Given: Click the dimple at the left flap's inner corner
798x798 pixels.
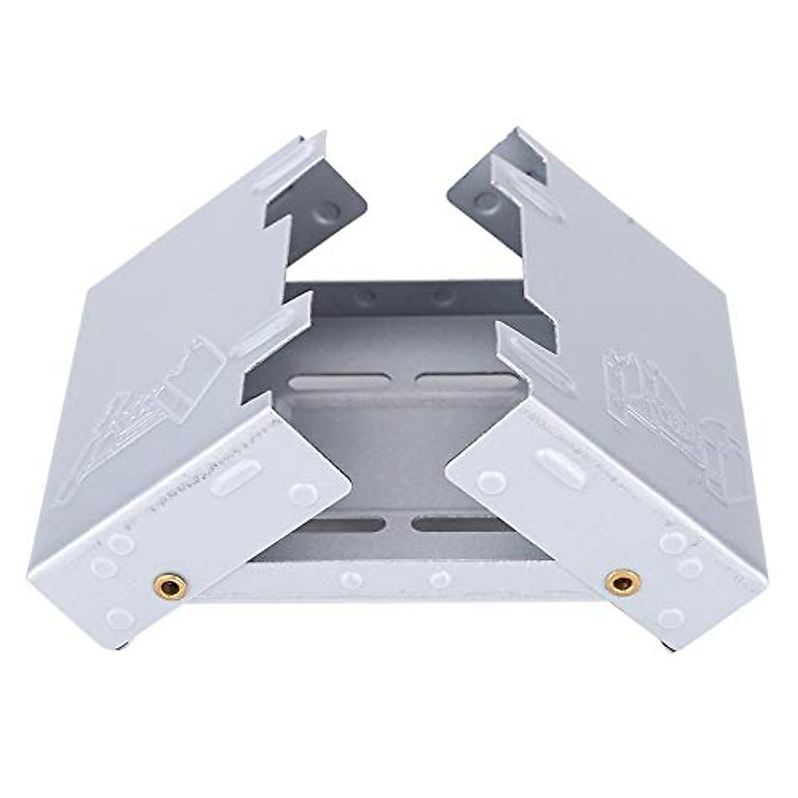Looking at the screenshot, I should tap(303, 493).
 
